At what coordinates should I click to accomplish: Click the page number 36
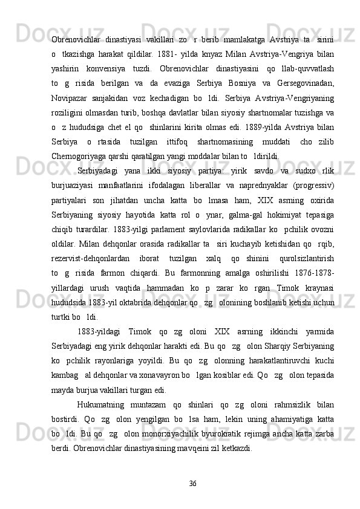pos(192,483)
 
